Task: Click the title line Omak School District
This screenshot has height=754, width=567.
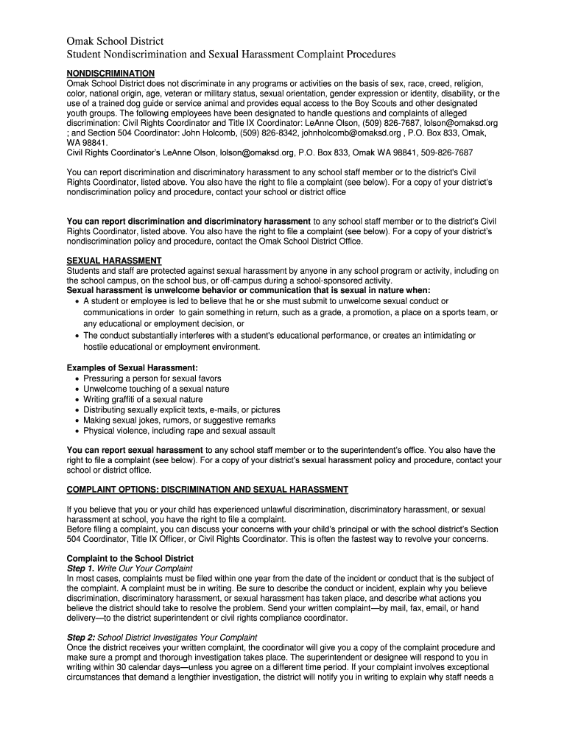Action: pos(115,40)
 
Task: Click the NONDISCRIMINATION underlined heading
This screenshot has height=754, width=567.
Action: pos(110,74)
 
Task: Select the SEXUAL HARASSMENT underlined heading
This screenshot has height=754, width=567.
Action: pos(114,261)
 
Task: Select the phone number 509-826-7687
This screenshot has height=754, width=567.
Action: pos(444,152)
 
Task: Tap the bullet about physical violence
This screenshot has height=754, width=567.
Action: pos(179,431)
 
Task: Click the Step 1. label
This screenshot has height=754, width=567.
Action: pos(80,568)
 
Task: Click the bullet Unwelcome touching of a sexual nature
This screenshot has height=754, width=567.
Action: pos(156,389)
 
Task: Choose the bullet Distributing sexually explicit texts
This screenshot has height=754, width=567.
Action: pos(181,410)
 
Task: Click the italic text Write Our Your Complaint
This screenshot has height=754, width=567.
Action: pos(145,568)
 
